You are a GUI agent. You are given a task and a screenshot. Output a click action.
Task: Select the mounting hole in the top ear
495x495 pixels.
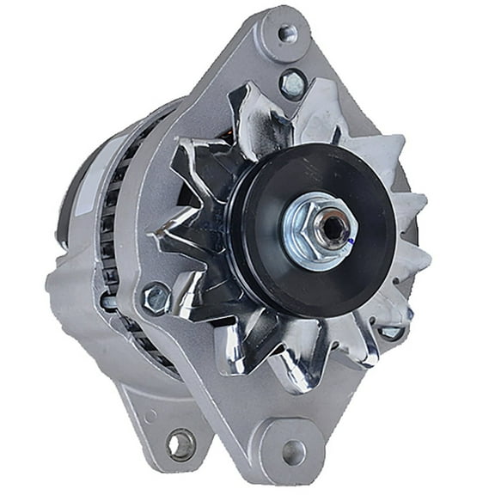click(x=287, y=34)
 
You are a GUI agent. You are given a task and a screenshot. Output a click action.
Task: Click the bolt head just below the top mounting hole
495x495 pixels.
click(x=293, y=82)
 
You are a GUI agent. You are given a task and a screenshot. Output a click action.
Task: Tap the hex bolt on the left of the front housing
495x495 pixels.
click(x=156, y=297)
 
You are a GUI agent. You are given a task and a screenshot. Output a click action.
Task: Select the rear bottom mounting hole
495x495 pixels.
click(x=180, y=443)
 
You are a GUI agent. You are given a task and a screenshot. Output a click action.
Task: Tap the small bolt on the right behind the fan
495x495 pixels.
click(x=392, y=330)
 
